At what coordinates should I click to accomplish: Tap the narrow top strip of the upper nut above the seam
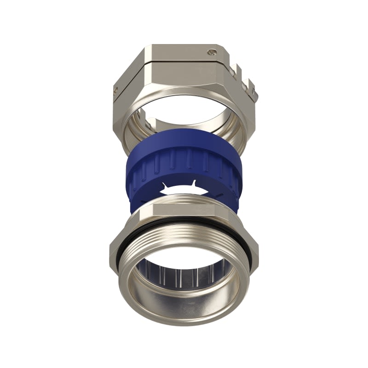pos(179,54)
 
